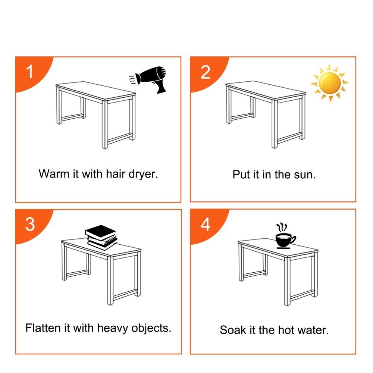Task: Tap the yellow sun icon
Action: [329, 83]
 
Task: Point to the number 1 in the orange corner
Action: [30, 72]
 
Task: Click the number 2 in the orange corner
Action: [206, 72]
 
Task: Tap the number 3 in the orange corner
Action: [30, 224]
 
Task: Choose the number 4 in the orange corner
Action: [206, 224]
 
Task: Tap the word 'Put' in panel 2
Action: [241, 174]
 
